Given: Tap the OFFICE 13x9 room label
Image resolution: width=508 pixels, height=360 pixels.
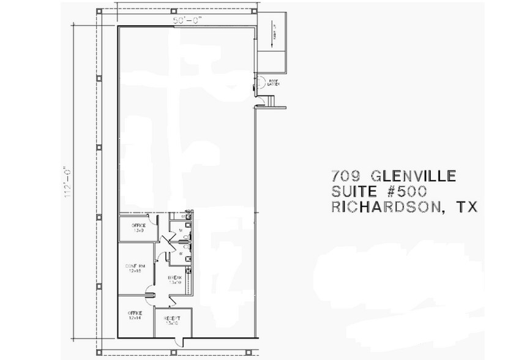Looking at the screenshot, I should tap(138, 228).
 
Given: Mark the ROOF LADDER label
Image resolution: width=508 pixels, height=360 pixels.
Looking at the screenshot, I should tap(273, 83).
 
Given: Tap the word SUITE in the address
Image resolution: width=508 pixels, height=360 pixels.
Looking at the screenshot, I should tap(355, 192).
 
